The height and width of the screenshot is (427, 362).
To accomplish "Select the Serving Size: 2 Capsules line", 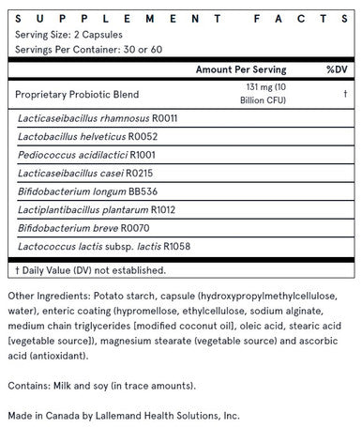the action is [x=68, y=34].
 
